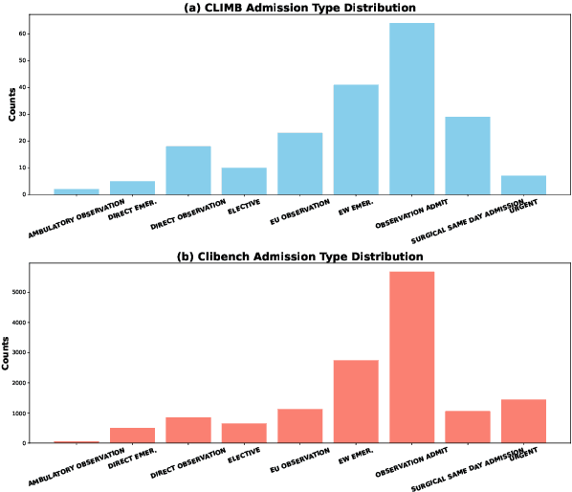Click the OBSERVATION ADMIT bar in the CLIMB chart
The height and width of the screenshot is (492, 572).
(x=411, y=108)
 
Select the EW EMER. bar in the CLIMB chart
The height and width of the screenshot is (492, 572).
(x=355, y=140)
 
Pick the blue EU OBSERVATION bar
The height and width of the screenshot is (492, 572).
(x=299, y=164)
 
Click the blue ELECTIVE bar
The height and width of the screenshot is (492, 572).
(x=244, y=181)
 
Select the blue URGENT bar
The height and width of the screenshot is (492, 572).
(x=523, y=185)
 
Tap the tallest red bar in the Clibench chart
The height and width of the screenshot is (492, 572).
(x=411, y=357)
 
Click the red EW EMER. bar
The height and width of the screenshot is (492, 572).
(x=355, y=401)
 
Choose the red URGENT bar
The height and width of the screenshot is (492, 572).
(x=523, y=421)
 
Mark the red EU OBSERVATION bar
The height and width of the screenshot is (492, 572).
(x=299, y=426)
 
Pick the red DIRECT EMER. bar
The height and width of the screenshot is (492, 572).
(x=131, y=436)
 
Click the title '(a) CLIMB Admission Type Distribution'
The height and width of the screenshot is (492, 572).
(x=286, y=8)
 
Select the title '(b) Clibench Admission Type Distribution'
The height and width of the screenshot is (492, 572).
(x=286, y=257)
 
